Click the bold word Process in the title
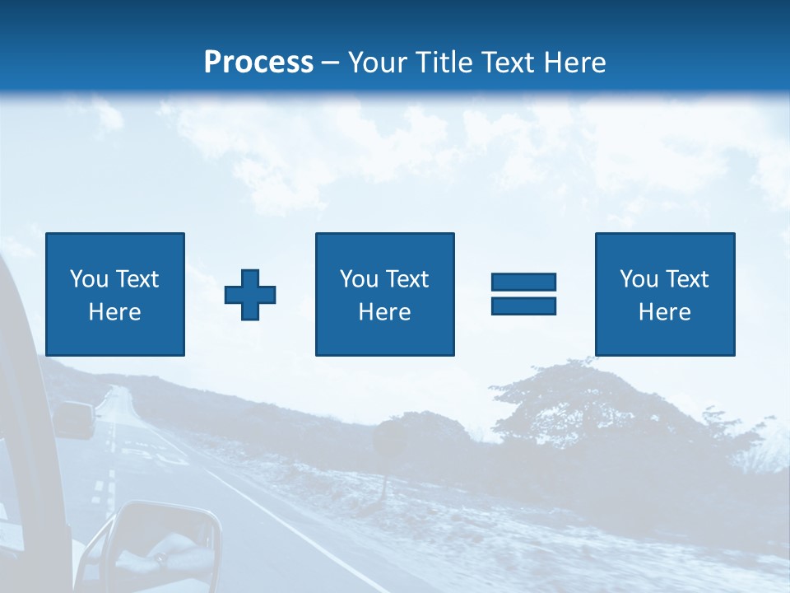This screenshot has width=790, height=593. click(258, 62)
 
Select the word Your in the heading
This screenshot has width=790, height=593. click(379, 62)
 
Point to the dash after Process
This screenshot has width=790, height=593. click(330, 63)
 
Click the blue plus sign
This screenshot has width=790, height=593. click(250, 295)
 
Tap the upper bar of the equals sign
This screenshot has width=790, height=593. click(523, 282)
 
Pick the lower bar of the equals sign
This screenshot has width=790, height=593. click(523, 306)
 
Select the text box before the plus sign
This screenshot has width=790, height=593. click(114, 294)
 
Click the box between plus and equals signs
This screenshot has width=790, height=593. click(384, 294)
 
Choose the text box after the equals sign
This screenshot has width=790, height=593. click(664, 294)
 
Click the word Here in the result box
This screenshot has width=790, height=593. click(664, 312)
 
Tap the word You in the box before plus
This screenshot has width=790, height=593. click(89, 279)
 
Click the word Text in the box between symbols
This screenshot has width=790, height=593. click(407, 279)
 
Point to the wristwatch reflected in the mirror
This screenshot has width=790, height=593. click(161, 559)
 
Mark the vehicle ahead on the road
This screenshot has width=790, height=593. click(74, 419)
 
